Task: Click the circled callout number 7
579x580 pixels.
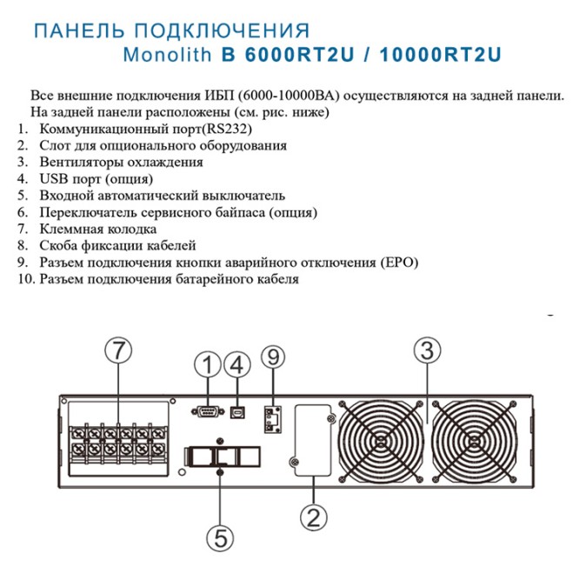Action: click(118, 350)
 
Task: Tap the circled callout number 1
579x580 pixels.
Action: click(208, 364)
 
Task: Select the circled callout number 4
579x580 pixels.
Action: click(237, 364)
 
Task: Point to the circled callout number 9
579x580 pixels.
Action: click(273, 357)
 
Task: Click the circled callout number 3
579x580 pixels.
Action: click(428, 350)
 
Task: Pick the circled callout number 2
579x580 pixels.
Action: click(314, 517)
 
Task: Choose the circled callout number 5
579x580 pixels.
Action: click(220, 538)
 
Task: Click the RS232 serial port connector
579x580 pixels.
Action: click(208, 411)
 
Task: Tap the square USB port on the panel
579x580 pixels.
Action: click(237, 412)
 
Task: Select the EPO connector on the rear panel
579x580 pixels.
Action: click(273, 419)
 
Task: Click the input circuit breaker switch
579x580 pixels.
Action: click(223, 457)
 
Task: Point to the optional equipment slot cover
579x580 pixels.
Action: click(313, 440)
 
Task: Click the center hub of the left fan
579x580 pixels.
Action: click(381, 442)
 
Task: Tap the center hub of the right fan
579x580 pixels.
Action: click(474, 442)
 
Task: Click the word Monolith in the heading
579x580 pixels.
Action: click(167, 55)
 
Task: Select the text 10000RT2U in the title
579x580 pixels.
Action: click(440, 55)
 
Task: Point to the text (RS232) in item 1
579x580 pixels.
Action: click(227, 129)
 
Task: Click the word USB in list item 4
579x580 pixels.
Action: click(54, 179)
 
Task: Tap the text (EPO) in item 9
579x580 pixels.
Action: click(398, 263)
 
